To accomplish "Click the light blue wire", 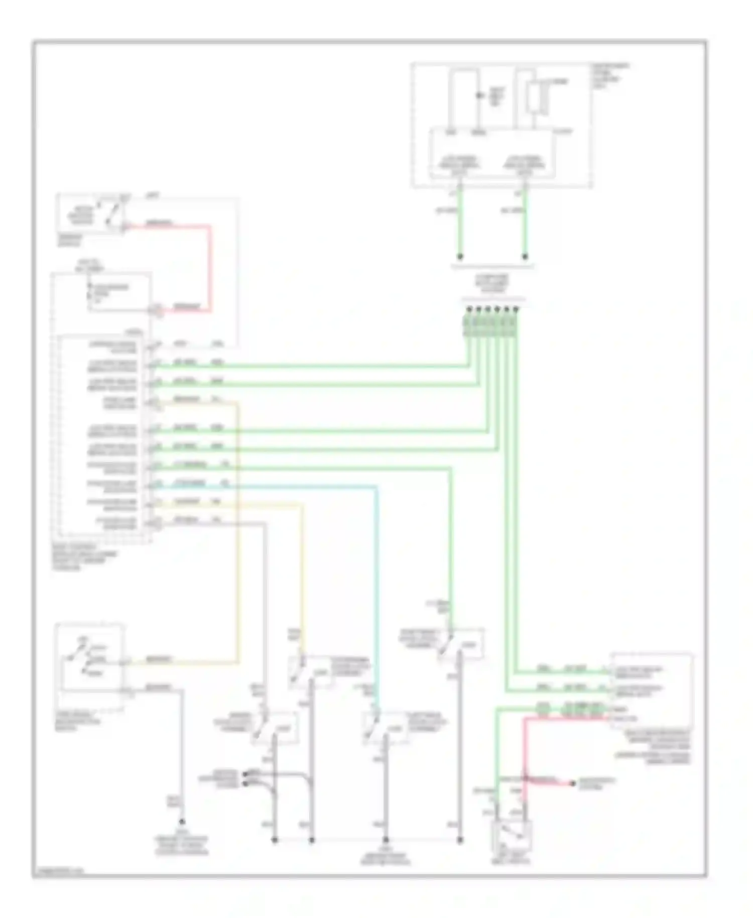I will pyautogui.click(x=376, y=578).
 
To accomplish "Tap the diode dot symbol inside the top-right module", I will pyautogui.click(x=479, y=95).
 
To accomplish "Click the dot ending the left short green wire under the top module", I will pyautogui.click(x=460, y=257).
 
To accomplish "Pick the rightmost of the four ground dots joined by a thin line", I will pyautogui.click(x=460, y=839).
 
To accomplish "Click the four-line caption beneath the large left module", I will pyautogui.click(x=85, y=557).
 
